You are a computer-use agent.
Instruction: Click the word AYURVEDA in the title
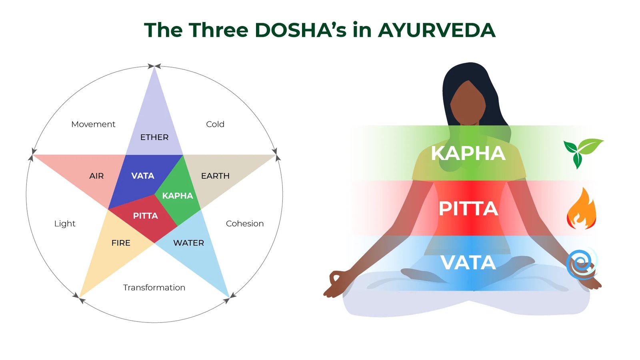tap(436, 30)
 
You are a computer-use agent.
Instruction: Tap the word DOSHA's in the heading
tap(300, 30)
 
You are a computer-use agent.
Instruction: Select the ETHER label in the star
tap(154, 138)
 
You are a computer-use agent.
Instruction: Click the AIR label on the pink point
tap(96, 176)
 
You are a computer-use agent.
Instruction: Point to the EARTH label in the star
tap(215, 176)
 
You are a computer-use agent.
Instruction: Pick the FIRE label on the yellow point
tap(121, 243)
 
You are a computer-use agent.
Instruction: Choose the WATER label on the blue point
tap(188, 243)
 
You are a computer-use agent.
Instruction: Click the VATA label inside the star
tap(142, 176)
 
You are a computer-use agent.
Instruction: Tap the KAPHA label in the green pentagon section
tap(178, 196)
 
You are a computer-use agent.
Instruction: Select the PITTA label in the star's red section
tap(146, 216)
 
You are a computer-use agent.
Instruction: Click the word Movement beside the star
tap(93, 124)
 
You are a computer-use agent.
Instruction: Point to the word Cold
tap(215, 124)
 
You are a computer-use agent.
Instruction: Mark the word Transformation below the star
tap(154, 288)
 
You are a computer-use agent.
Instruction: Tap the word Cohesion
tap(244, 224)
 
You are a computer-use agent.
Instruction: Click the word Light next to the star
tap(64, 224)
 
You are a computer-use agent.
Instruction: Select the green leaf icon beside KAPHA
tap(582, 153)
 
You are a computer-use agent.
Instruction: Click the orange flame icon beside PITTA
tap(582, 208)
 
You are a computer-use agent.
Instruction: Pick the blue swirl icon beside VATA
tap(582, 264)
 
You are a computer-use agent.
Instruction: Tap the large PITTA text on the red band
tap(468, 208)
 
